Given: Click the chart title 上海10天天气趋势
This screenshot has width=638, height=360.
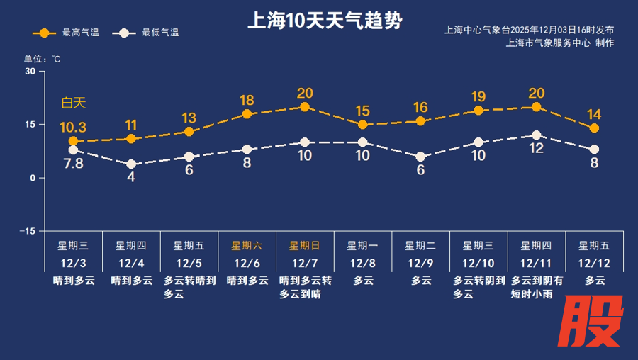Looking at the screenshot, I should tap(325, 21).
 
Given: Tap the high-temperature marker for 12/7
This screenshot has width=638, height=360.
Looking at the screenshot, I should tap(305, 107).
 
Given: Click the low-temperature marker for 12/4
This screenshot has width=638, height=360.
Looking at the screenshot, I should tap(131, 164).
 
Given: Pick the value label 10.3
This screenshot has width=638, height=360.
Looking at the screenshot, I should tap(72, 128).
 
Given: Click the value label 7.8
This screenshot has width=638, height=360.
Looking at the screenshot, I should tap(74, 164).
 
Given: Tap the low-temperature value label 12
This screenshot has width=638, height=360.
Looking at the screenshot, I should tap(536, 149).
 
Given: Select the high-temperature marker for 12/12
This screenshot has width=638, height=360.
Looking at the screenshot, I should tap(594, 128).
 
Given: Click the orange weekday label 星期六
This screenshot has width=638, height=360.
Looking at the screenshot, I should tap(247, 246).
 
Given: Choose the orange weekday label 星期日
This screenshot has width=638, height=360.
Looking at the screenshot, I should tap(305, 246).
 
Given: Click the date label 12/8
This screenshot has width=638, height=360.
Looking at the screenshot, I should tap(363, 263).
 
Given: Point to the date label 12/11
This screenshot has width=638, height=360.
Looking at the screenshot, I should tap(537, 263).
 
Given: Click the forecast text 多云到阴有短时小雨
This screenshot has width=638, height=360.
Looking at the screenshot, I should tap(537, 287).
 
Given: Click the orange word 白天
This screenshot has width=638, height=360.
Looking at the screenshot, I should tap(73, 103).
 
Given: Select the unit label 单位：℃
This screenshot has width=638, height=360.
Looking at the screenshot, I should tap(43, 59).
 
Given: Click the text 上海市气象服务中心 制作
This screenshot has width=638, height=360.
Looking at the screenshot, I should tap(560, 43).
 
